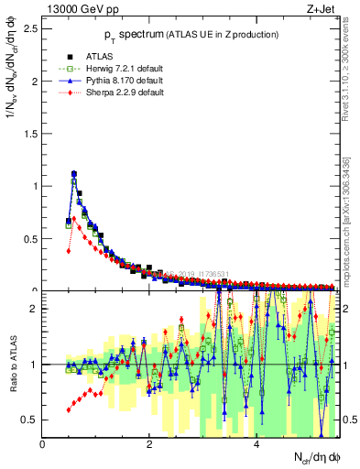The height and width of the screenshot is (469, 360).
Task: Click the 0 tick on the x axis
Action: tap(43, 445)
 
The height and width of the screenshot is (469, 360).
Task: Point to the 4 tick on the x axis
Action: tap(256, 445)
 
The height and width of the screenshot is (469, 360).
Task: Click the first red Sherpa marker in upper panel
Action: tap(69, 250)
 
